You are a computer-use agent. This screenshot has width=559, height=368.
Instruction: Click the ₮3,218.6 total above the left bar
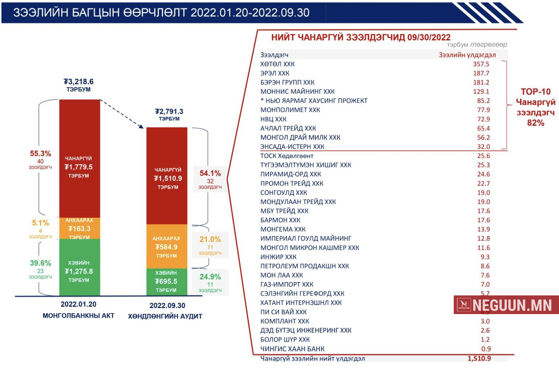coord(78,82)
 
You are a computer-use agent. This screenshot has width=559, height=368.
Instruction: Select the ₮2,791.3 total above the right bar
coord(169,111)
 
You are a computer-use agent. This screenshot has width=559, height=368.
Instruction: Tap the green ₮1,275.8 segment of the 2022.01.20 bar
coord(79,271)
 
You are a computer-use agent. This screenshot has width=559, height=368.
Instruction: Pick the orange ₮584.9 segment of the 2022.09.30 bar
coord(166,247)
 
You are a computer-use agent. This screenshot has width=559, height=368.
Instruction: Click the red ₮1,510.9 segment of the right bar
coord(168,178)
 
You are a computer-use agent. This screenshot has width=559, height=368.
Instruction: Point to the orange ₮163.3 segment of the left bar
coord(79,229)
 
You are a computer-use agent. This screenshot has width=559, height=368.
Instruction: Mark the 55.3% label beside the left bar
coord(40,153)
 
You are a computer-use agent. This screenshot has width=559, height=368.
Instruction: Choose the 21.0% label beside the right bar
coord(210,239)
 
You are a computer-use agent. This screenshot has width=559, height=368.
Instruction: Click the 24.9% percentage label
coord(210,277)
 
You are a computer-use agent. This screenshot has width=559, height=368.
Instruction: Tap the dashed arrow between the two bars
coord(122,114)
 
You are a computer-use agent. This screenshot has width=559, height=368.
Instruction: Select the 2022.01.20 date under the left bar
coord(78,304)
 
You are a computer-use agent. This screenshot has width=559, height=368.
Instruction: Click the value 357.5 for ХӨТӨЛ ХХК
coord(481,64)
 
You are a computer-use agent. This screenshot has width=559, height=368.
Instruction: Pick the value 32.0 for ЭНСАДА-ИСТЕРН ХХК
coord(484,147)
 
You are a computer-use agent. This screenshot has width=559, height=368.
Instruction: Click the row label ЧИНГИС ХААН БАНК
coord(292,349)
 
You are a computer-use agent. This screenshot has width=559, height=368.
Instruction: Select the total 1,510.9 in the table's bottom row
coord(479,358)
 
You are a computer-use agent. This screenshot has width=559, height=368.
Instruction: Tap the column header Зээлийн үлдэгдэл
coord(467,55)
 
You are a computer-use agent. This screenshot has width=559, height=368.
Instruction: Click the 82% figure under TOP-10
coord(535,123)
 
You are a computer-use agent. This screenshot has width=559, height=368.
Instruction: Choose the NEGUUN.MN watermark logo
coord(506,305)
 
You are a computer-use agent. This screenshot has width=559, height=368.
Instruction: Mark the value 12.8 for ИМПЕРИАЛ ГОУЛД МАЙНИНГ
coord(484,238)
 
